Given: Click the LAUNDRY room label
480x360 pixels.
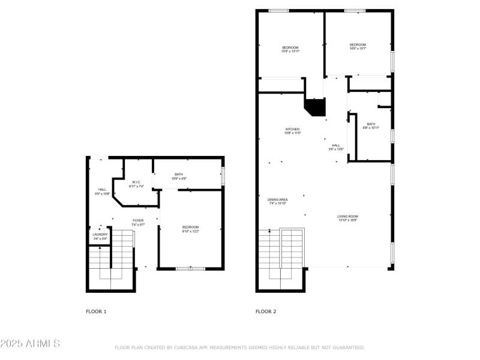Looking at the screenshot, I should pyautogui.click(x=100, y=236).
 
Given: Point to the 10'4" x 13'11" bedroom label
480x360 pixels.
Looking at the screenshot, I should pyautogui.click(x=290, y=49).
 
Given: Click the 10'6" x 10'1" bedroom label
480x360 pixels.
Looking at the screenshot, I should pyautogui.click(x=358, y=46).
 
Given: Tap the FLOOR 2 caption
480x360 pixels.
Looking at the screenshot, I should pyautogui.click(x=266, y=311).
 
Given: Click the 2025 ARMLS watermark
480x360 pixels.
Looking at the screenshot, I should pyautogui.click(x=30, y=344).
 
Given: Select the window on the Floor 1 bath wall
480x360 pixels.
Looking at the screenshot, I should pyautogui.click(x=223, y=176).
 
